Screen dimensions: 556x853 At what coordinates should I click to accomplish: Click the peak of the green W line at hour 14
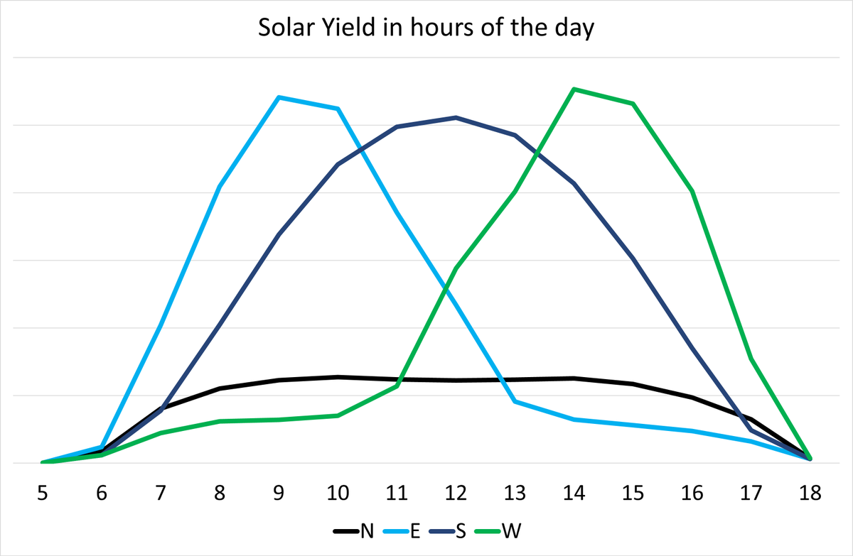(574, 89)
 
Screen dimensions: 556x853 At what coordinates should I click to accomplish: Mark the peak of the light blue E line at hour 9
(279, 97)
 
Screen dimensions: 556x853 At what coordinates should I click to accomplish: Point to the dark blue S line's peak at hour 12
(456, 117)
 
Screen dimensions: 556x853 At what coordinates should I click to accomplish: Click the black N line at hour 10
(338, 377)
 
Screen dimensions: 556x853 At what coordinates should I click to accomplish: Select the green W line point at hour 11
(397, 386)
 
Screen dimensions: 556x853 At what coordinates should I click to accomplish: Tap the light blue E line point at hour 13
(515, 402)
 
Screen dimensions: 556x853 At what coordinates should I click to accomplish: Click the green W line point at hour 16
(692, 192)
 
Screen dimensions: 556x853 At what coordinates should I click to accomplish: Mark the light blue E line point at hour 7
(161, 325)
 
